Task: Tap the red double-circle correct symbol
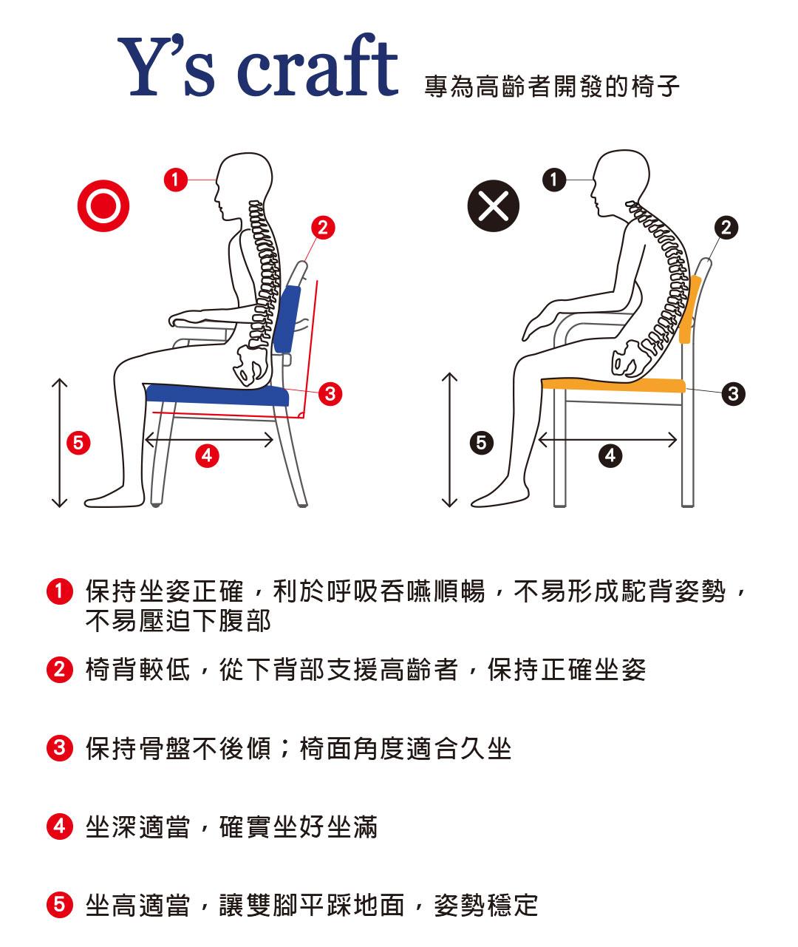click(x=103, y=206)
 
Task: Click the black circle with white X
click(x=494, y=206)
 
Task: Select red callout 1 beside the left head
click(x=176, y=180)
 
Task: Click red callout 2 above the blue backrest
click(x=323, y=228)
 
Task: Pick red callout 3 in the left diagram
click(x=330, y=394)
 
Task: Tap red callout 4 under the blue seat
click(x=207, y=455)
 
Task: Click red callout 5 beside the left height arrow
click(x=78, y=443)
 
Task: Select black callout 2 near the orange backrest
click(x=726, y=228)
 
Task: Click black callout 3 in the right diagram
click(x=734, y=394)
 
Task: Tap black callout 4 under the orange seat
click(x=611, y=455)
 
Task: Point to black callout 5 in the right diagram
click(x=482, y=443)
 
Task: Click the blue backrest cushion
click(x=287, y=319)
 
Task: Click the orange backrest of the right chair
click(x=689, y=309)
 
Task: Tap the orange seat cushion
click(x=613, y=385)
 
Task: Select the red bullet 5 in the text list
click(x=59, y=906)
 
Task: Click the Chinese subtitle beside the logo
click(x=552, y=86)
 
